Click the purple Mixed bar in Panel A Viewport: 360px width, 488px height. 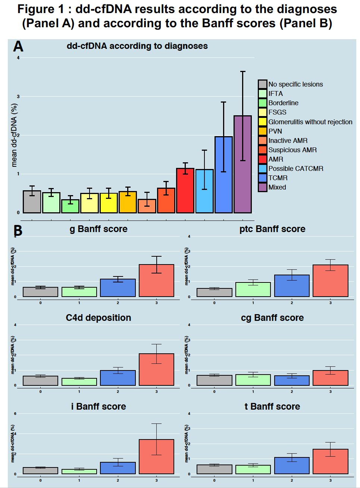[242, 164]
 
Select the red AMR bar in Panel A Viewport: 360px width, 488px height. [185, 191]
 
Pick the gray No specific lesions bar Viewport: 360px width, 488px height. [32, 202]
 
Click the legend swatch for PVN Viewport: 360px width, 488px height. [263, 131]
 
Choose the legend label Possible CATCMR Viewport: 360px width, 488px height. [296, 169]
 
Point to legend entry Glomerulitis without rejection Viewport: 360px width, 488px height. [310, 122]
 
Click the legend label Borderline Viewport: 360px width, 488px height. [283, 103]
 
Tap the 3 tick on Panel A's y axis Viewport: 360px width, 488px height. [18, 97]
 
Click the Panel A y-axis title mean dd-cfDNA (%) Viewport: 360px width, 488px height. [14, 135]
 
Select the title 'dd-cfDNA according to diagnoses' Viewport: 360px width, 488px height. [137, 46]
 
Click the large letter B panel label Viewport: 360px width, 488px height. [18, 231]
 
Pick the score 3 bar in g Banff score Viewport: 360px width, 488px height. [156, 281]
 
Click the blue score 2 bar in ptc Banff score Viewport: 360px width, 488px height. [292, 286]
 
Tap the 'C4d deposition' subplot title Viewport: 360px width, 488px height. [98, 318]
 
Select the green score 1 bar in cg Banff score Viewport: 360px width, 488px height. [253, 380]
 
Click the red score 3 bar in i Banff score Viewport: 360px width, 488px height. [156, 457]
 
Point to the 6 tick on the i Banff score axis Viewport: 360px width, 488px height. [15, 414]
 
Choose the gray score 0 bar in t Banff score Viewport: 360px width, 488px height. [214, 469]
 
